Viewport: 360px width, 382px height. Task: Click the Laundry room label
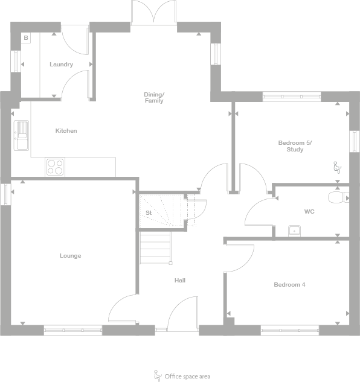[x=62, y=65]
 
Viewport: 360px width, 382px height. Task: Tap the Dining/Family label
[x=153, y=97]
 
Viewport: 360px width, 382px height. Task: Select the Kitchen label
[x=66, y=131]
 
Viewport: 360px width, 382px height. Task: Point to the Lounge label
[x=70, y=256]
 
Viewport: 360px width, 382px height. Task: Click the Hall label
[x=180, y=281]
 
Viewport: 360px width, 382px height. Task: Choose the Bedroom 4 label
[x=289, y=285]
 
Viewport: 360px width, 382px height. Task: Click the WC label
[x=309, y=212]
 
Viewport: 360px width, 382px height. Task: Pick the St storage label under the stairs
[x=148, y=213]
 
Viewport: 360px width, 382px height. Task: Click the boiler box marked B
[x=26, y=38]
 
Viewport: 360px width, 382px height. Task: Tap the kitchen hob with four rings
[x=54, y=166]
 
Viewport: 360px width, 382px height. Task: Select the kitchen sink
[x=21, y=135]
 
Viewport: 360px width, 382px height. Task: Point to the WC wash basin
[x=294, y=230]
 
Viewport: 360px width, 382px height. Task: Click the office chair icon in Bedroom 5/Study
[x=337, y=167]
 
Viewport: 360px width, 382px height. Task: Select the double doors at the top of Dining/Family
[x=155, y=13]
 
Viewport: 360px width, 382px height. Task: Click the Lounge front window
[x=72, y=330]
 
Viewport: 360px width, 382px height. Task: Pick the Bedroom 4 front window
[x=290, y=330]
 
